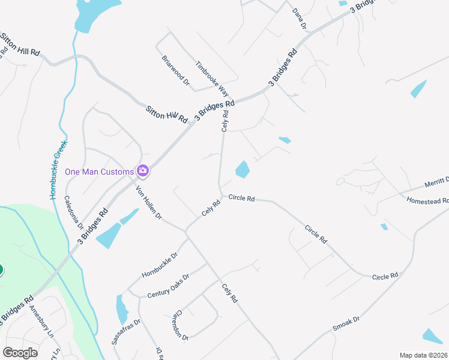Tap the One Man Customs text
tap(99, 172)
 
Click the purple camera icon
tap(143, 171)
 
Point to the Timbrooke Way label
tap(212, 79)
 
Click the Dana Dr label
tap(299, 19)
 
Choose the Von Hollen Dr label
tap(149, 202)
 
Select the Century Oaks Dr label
tap(168, 286)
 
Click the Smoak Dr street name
tap(346, 324)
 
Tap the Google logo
tap(20, 353)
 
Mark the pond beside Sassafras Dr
tap(122, 309)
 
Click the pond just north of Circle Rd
tap(243, 170)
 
